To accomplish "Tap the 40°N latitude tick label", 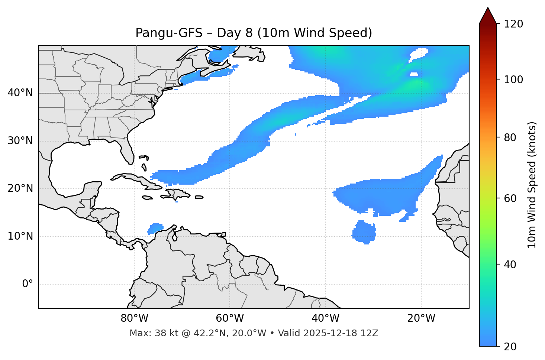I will tap(20, 93).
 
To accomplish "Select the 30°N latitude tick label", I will tap(20, 141).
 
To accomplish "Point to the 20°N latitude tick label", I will tap(20, 188).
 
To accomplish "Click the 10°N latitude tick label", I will tap(20, 236).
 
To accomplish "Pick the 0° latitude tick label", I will tap(28, 284).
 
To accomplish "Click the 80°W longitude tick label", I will tap(134, 318).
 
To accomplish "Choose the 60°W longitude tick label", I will tap(230, 318).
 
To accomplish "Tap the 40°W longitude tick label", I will tap(325, 318).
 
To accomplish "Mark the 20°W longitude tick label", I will tap(421, 318).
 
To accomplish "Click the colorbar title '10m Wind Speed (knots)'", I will tap(532, 185).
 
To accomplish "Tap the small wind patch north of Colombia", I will tap(155, 228).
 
